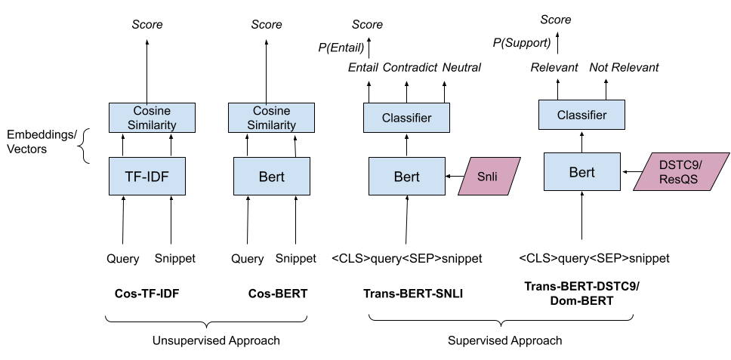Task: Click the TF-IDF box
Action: point(147,177)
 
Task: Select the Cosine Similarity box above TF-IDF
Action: point(152,118)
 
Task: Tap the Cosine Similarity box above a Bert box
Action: point(271,118)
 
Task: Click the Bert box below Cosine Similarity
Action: point(271,177)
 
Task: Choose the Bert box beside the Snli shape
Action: point(406,177)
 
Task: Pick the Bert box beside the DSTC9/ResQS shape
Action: point(581,172)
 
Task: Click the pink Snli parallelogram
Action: point(489,177)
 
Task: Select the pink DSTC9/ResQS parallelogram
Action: point(680,172)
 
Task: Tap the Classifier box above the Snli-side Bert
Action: point(406,118)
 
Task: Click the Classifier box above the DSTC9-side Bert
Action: point(581,115)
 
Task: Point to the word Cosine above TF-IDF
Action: point(152,111)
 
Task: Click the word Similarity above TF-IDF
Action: point(152,125)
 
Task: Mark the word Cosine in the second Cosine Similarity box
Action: point(271,111)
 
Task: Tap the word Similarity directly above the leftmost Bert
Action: point(271,125)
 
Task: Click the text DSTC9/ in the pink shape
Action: point(680,165)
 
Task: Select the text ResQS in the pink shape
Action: point(679,180)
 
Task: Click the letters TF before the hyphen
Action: point(132,177)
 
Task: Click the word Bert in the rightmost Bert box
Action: point(581,172)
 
